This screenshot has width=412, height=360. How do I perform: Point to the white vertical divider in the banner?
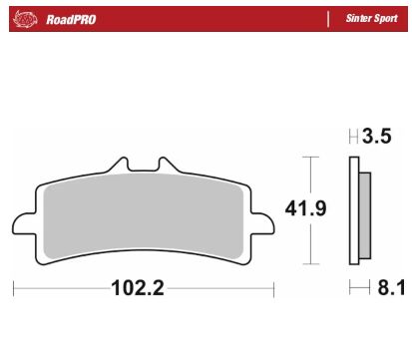329,17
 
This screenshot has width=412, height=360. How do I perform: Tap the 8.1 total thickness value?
387,289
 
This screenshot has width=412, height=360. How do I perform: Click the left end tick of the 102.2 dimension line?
13,289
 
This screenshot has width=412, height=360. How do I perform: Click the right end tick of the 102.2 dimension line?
273,289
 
